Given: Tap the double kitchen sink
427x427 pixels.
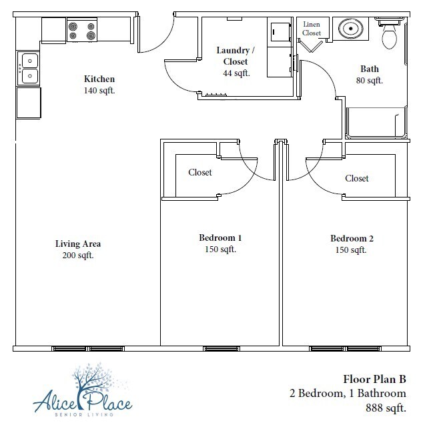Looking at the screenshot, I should click(x=28, y=69).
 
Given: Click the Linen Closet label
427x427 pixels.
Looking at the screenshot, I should click(x=312, y=29).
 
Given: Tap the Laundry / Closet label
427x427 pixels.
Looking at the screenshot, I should click(x=236, y=55).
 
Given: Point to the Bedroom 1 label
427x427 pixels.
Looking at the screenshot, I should click(x=220, y=238).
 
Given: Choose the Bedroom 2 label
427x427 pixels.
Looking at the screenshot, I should click(x=352, y=238).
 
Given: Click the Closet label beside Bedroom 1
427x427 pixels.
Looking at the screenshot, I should click(x=200, y=172).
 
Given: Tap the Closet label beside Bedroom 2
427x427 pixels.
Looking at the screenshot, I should click(x=357, y=178).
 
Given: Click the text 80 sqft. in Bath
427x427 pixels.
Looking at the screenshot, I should click(x=370, y=80).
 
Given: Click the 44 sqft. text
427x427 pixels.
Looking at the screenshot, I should click(x=236, y=73).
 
